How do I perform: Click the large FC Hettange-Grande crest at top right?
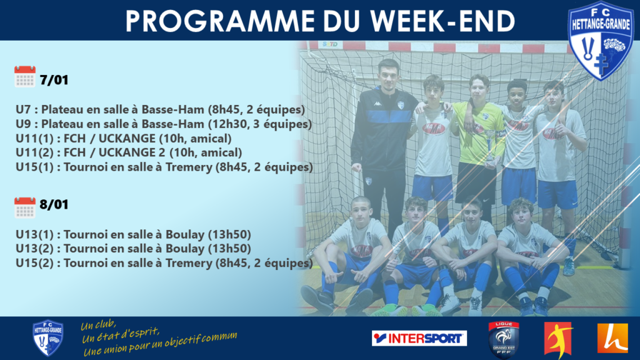[601, 41]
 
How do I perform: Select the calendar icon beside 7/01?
[25, 77]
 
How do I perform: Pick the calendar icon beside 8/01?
[25, 208]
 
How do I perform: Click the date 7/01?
[54, 80]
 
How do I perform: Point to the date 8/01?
[54, 204]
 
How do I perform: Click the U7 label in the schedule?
[23, 109]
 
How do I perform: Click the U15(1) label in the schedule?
[35, 167]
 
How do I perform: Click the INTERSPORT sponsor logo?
[419, 338]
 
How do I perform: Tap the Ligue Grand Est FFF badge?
[504, 339]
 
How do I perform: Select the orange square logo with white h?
[612, 338]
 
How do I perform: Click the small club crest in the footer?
[47, 338]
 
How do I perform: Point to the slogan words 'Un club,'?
[98, 325]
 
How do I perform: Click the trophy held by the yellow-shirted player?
[489, 147]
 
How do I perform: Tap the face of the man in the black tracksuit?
[387, 76]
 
